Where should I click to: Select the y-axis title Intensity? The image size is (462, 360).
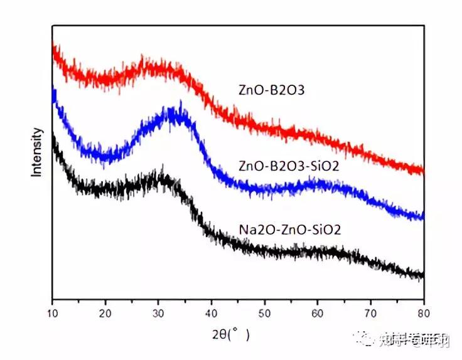38,152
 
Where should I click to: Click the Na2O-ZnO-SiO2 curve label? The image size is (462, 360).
290,229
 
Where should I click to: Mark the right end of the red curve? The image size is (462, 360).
422,169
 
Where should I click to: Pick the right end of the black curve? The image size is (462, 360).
422,274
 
